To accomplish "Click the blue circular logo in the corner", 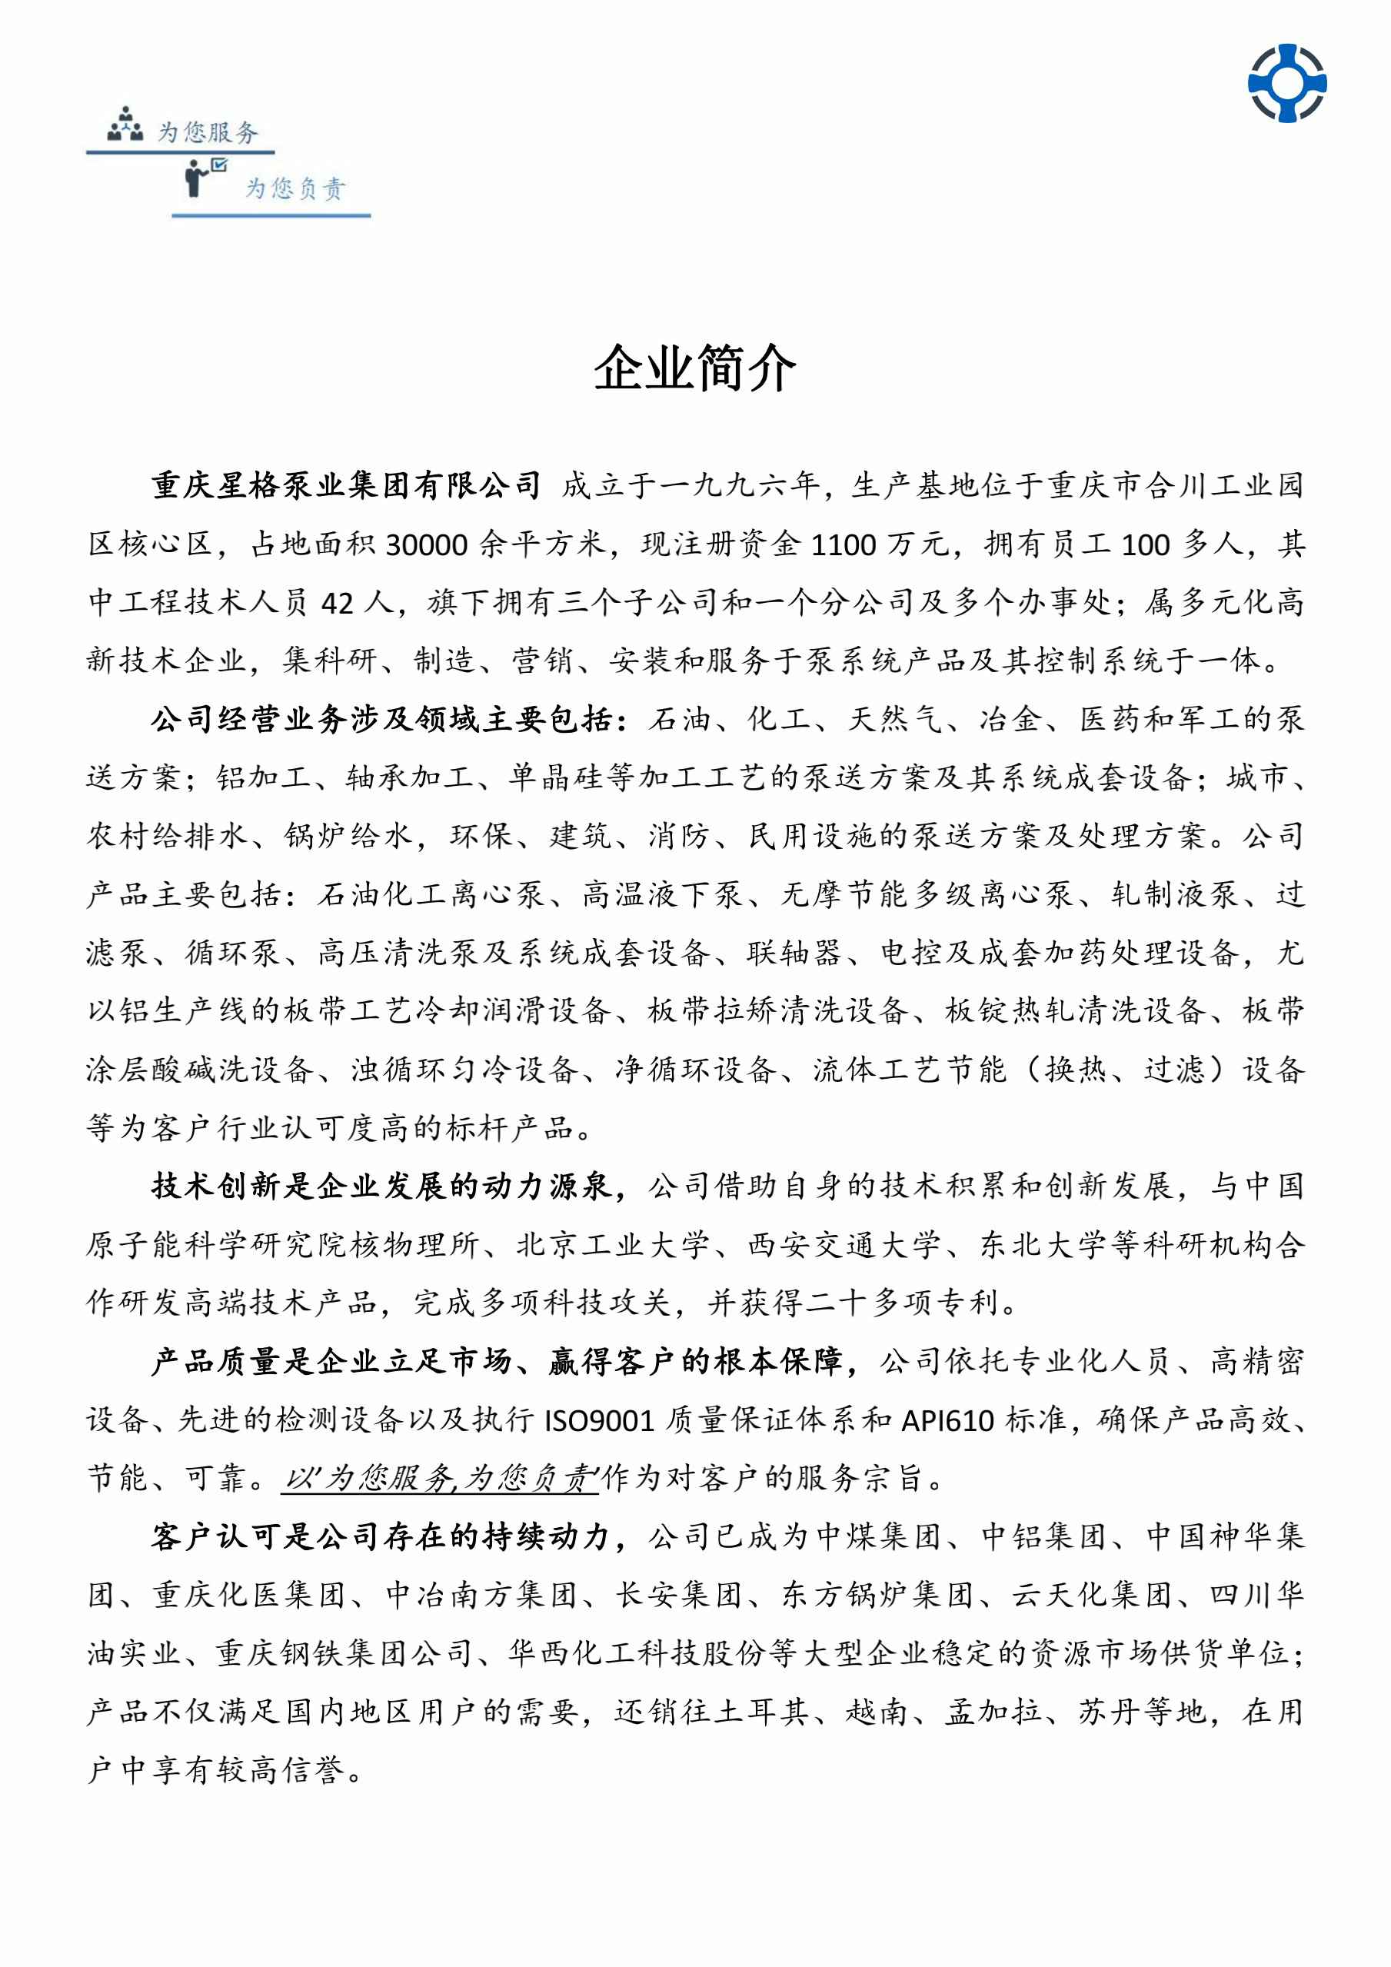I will [x=1286, y=83].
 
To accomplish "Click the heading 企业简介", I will [x=694, y=369].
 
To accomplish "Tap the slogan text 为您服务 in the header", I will [x=208, y=132].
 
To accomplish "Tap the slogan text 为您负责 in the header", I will [x=295, y=188].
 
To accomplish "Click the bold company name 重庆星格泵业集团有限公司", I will [x=346, y=486].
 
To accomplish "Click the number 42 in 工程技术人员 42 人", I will [x=338, y=603].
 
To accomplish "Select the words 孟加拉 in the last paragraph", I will [x=993, y=1712].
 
